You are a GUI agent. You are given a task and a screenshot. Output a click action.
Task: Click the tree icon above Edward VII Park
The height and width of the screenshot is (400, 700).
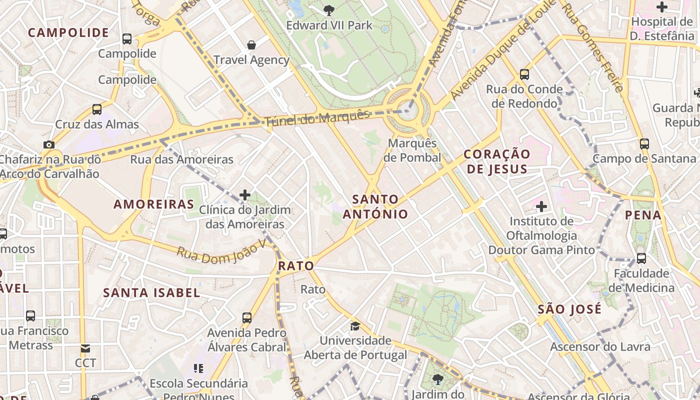point(329,9)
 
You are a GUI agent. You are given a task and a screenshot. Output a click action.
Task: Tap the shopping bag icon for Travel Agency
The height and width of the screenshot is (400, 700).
point(251,45)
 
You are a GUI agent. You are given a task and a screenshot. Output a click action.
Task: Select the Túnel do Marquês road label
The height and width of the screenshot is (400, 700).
point(317,117)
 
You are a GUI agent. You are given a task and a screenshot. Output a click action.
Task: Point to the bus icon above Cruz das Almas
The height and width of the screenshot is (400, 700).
point(97,109)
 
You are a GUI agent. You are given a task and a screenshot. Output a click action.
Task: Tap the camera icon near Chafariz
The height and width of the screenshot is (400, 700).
point(48,144)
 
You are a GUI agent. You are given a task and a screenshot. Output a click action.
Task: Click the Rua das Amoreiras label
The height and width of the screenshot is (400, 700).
point(182,159)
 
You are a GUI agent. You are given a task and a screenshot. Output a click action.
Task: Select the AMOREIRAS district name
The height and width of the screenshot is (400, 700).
point(153,204)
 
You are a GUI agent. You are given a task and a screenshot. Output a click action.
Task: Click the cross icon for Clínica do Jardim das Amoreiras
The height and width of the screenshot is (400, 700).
point(245,194)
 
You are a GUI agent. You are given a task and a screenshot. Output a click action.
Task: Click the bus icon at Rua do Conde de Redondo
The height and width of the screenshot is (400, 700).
point(524,74)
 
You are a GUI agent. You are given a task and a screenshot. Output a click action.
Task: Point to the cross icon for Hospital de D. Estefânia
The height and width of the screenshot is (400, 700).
point(662,7)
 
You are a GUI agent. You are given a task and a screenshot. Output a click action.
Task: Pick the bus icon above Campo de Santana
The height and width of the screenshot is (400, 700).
point(644,144)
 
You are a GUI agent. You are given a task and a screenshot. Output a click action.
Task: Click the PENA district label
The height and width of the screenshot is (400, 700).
point(643,215)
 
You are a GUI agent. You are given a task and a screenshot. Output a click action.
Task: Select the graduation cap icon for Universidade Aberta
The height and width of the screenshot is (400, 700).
point(355,326)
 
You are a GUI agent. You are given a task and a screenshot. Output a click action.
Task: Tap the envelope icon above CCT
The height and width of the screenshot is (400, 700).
point(85,348)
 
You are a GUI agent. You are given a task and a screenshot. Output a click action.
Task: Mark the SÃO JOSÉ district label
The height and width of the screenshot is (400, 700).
point(569,309)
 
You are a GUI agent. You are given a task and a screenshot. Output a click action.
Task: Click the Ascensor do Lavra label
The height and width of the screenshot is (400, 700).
point(600,346)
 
